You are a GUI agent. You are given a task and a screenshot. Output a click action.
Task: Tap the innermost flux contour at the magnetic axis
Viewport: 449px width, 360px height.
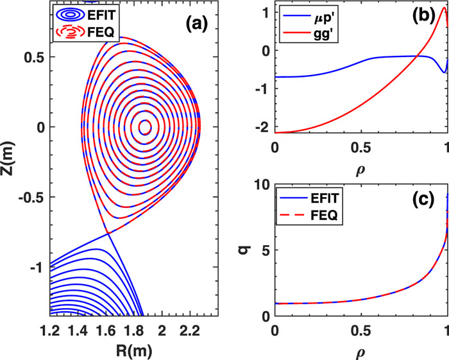pyautogui.click(x=144, y=126)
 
